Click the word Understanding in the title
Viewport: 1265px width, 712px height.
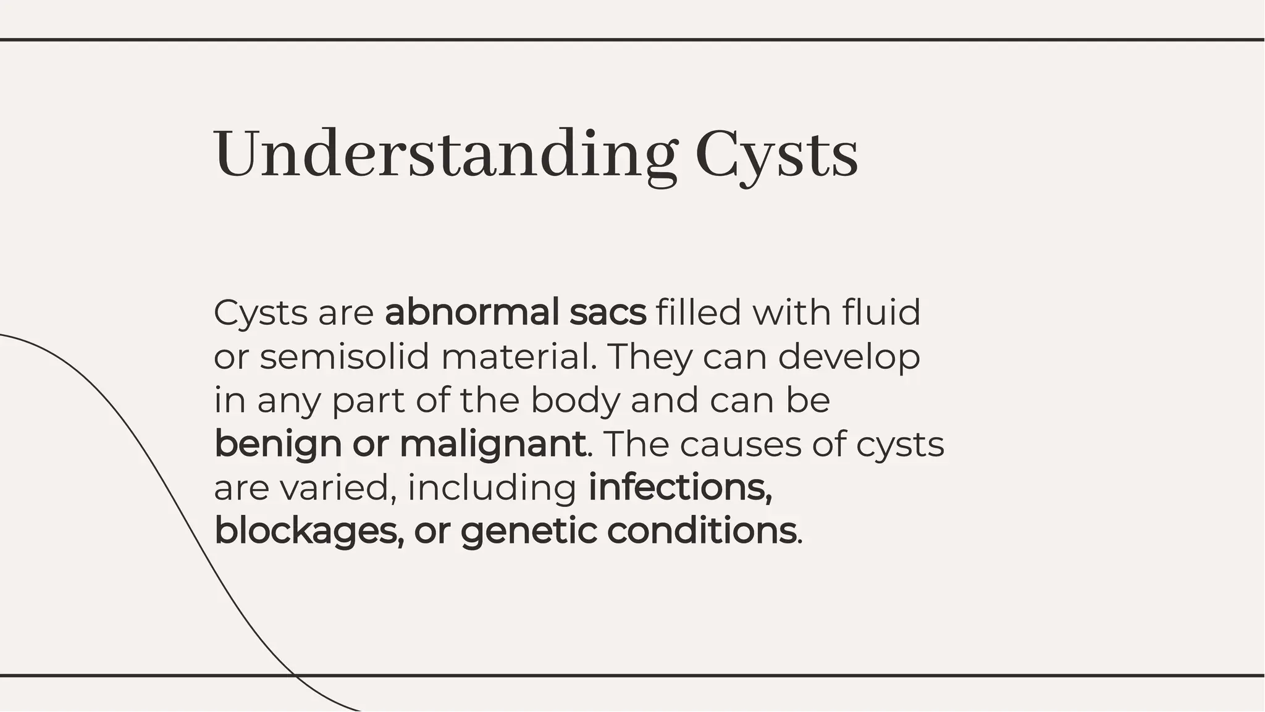click(x=445, y=154)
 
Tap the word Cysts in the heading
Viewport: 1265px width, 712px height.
click(x=776, y=154)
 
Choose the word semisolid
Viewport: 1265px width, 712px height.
click(x=344, y=356)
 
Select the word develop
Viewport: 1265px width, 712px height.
click(x=849, y=356)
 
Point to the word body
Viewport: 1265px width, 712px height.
click(x=575, y=400)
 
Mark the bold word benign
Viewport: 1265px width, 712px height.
click(x=278, y=444)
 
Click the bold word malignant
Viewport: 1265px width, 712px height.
click(x=492, y=444)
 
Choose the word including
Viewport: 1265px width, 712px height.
click(x=492, y=488)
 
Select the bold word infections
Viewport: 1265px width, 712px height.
click(x=680, y=488)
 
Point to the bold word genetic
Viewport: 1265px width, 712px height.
click(x=529, y=531)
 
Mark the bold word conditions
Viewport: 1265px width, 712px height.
click(x=702, y=531)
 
